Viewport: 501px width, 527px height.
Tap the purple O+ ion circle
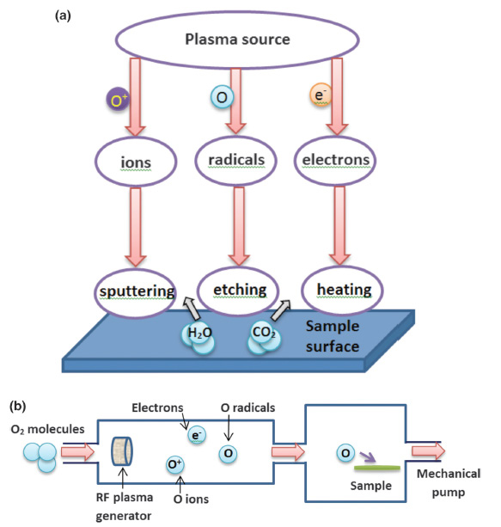(118, 100)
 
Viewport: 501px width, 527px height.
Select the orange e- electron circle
(321, 95)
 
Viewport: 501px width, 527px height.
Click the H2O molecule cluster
(199, 338)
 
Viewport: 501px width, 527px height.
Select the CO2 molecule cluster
(264, 339)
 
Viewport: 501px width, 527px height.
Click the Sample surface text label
(333, 336)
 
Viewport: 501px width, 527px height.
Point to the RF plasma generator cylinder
(122, 451)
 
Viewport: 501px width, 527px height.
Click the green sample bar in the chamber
(377, 468)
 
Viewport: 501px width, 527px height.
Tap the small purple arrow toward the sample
(367, 457)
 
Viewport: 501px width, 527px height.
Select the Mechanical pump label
(449, 483)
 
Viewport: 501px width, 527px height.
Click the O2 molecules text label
(48, 429)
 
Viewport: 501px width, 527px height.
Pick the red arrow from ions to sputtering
(136, 227)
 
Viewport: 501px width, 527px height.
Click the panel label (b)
(18, 406)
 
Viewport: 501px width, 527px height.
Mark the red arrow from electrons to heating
(339, 226)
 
